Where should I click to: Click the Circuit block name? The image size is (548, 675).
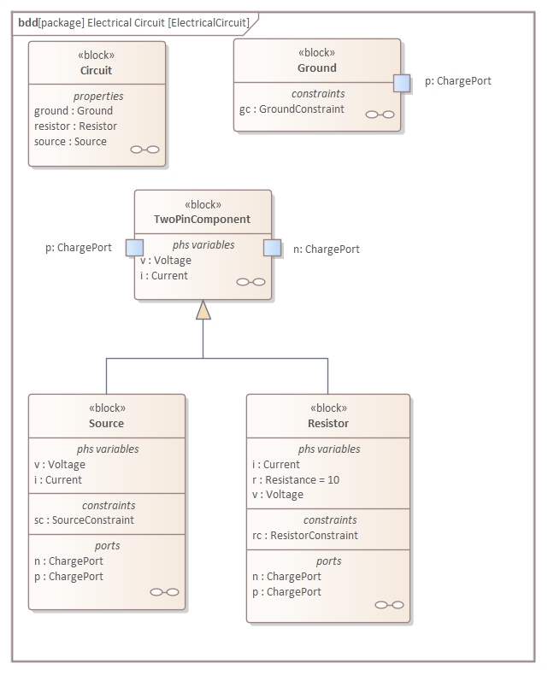coord(96,70)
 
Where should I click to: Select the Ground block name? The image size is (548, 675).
coord(316,67)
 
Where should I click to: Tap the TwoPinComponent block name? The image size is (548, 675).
coord(202,220)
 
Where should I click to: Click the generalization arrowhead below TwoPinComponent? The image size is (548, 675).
coord(203,310)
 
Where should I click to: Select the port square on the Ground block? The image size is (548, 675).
coord(402,82)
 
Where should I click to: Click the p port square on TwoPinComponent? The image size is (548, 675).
coord(134,248)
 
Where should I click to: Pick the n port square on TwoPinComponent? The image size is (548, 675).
coord(272,248)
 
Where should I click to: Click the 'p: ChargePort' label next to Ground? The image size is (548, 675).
coord(457,81)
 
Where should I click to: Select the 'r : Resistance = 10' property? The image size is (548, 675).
coord(295,480)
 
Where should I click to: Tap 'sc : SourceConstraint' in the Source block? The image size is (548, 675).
coord(84,520)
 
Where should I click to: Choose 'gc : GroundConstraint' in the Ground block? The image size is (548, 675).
coord(292,109)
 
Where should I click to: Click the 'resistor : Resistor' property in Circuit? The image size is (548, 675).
coord(75,126)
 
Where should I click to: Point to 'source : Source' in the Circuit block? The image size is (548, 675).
coord(70,142)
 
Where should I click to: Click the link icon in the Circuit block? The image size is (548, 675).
coord(144,150)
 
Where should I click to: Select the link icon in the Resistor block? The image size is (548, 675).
coord(389,605)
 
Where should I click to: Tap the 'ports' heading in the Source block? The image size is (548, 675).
coord(107,546)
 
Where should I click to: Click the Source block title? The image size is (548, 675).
coord(106,424)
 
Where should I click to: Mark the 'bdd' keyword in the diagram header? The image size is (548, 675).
coord(27,23)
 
